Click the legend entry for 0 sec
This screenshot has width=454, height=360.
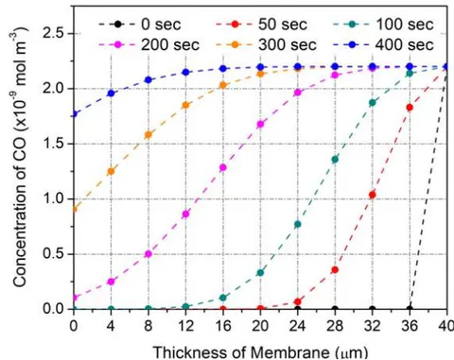140,25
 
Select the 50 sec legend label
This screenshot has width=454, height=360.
262,25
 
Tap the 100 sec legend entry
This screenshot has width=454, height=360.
383,25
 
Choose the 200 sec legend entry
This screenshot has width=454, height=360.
148,45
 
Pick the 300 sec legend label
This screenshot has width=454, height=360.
267,45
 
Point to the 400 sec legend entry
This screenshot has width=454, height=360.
383,45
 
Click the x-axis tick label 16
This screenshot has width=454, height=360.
223,326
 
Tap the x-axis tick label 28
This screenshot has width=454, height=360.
335,326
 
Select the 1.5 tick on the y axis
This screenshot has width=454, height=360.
53,144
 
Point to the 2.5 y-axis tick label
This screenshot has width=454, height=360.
53,33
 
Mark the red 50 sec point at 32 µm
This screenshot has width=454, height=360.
373,195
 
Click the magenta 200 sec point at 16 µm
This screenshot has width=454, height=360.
223,167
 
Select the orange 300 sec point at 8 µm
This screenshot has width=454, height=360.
148,135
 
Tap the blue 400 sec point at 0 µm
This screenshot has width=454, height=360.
74,114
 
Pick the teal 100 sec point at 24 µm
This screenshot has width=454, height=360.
298,224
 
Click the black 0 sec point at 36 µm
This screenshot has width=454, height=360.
410,309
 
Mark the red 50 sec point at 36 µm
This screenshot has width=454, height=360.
410,108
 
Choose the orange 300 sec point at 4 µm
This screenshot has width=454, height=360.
111,171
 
